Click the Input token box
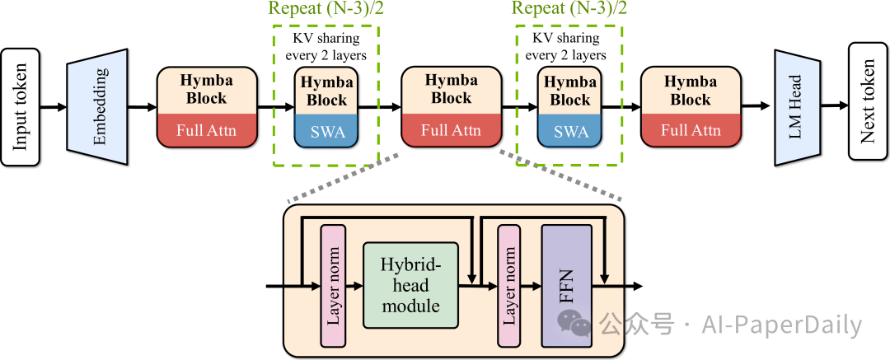(x=21, y=106)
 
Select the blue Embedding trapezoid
(x=99, y=106)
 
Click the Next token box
(x=868, y=106)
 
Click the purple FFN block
(x=566, y=285)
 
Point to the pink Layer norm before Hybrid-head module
(x=332, y=285)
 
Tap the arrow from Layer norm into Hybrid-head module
(x=354, y=286)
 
